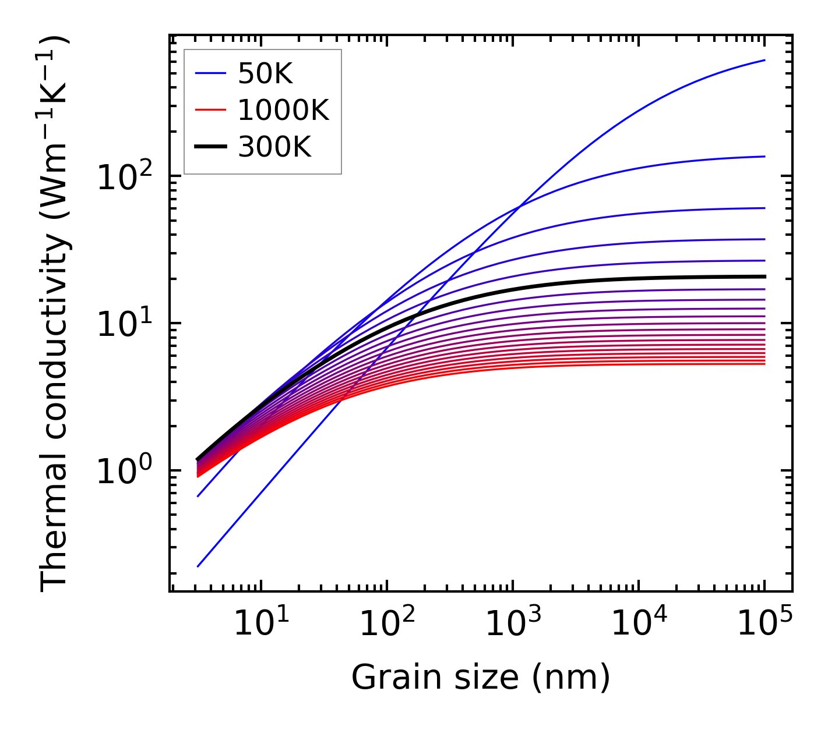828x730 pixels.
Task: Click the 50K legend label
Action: pos(265,73)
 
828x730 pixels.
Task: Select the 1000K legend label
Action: pos(283,110)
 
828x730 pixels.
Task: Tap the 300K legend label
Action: pos(274,147)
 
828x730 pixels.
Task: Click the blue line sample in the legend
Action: pos(210,73)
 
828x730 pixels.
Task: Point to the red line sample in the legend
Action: pos(210,110)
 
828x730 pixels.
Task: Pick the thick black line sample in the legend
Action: pos(210,147)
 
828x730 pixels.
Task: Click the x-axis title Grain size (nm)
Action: pos(481,678)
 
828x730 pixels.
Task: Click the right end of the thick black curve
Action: pos(764,277)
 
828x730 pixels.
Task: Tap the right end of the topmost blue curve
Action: pos(764,60)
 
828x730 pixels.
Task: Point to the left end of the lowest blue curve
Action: pos(198,566)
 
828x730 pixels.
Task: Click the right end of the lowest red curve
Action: pos(764,364)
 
